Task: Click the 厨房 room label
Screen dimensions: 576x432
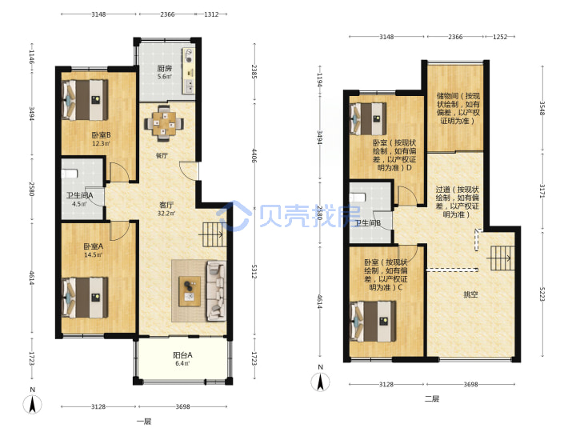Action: click(x=165, y=68)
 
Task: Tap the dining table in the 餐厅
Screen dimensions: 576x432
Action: click(x=164, y=123)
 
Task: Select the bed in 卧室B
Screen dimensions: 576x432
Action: click(x=85, y=100)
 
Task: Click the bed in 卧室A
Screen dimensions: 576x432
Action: click(x=85, y=297)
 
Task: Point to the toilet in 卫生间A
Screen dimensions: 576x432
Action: click(x=70, y=174)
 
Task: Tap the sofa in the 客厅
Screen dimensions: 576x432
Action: click(x=216, y=290)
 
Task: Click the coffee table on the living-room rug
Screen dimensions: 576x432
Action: click(x=190, y=291)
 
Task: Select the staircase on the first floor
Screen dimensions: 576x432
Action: click(x=212, y=234)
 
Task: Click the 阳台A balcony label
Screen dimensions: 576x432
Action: click(x=182, y=355)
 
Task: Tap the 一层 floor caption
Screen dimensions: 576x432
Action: click(x=144, y=422)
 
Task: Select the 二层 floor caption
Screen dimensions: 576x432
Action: click(x=432, y=398)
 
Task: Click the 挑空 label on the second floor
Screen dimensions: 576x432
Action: click(x=470, y=294)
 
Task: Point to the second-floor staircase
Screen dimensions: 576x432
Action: click(x=500, y=258)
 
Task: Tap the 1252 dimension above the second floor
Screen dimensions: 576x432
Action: click(x=500, y=37)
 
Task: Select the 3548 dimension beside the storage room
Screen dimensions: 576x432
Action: click(x=542, y=108)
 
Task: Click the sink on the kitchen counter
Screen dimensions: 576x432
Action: click(x=190, y=86)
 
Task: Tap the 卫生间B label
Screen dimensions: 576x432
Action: click(x=367, y=223)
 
